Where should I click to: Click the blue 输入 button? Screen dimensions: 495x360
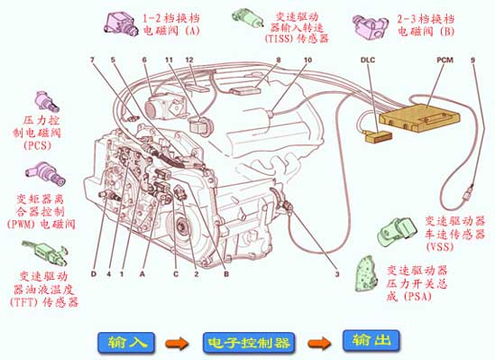pyautogui.click(x=126, y=342)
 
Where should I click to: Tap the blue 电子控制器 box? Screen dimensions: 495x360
pyautogui.click(x=249, y=343)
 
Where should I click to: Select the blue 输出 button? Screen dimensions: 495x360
pyautogui.click(x=371, y=340)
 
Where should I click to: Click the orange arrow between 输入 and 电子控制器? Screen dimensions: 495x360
pyautogui.click(x=177, y=343)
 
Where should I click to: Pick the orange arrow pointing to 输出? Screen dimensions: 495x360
pyautogui.click(x=319, y=343)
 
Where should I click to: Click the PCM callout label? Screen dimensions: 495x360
pyautogui.click(x=445, y=60)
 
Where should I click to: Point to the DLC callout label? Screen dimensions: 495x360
pyautogui.click(x=368, y=60)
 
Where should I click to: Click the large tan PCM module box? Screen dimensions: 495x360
pyautogui.click(x=420, y=117)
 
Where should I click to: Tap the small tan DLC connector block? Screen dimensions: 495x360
pyautogui.click(x=379, y=136)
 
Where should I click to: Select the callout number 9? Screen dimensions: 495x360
pyautogui.click(x=472, y=60)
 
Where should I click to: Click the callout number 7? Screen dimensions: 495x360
pyautogui.click(x=92, y=60)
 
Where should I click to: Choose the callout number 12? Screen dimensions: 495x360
pyautogui.click(x=188, y=60)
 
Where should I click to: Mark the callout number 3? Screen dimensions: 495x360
pyautogui.click(x=337, y=273)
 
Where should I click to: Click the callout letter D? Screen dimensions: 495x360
pyautogui.click(x=94, y=273)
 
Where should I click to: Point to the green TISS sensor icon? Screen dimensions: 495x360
pyautogui.click(x=247, y=17)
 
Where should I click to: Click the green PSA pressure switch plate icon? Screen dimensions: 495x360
pyautogui.click(x=366, y=273)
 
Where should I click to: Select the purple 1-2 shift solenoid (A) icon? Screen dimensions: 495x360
pyautogui.click(x=121, y=23)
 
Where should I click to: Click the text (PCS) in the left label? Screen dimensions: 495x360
pyautogui.click(x=37, y=145)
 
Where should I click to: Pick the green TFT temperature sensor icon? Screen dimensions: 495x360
pyautogui.click(x=45, y=253)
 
